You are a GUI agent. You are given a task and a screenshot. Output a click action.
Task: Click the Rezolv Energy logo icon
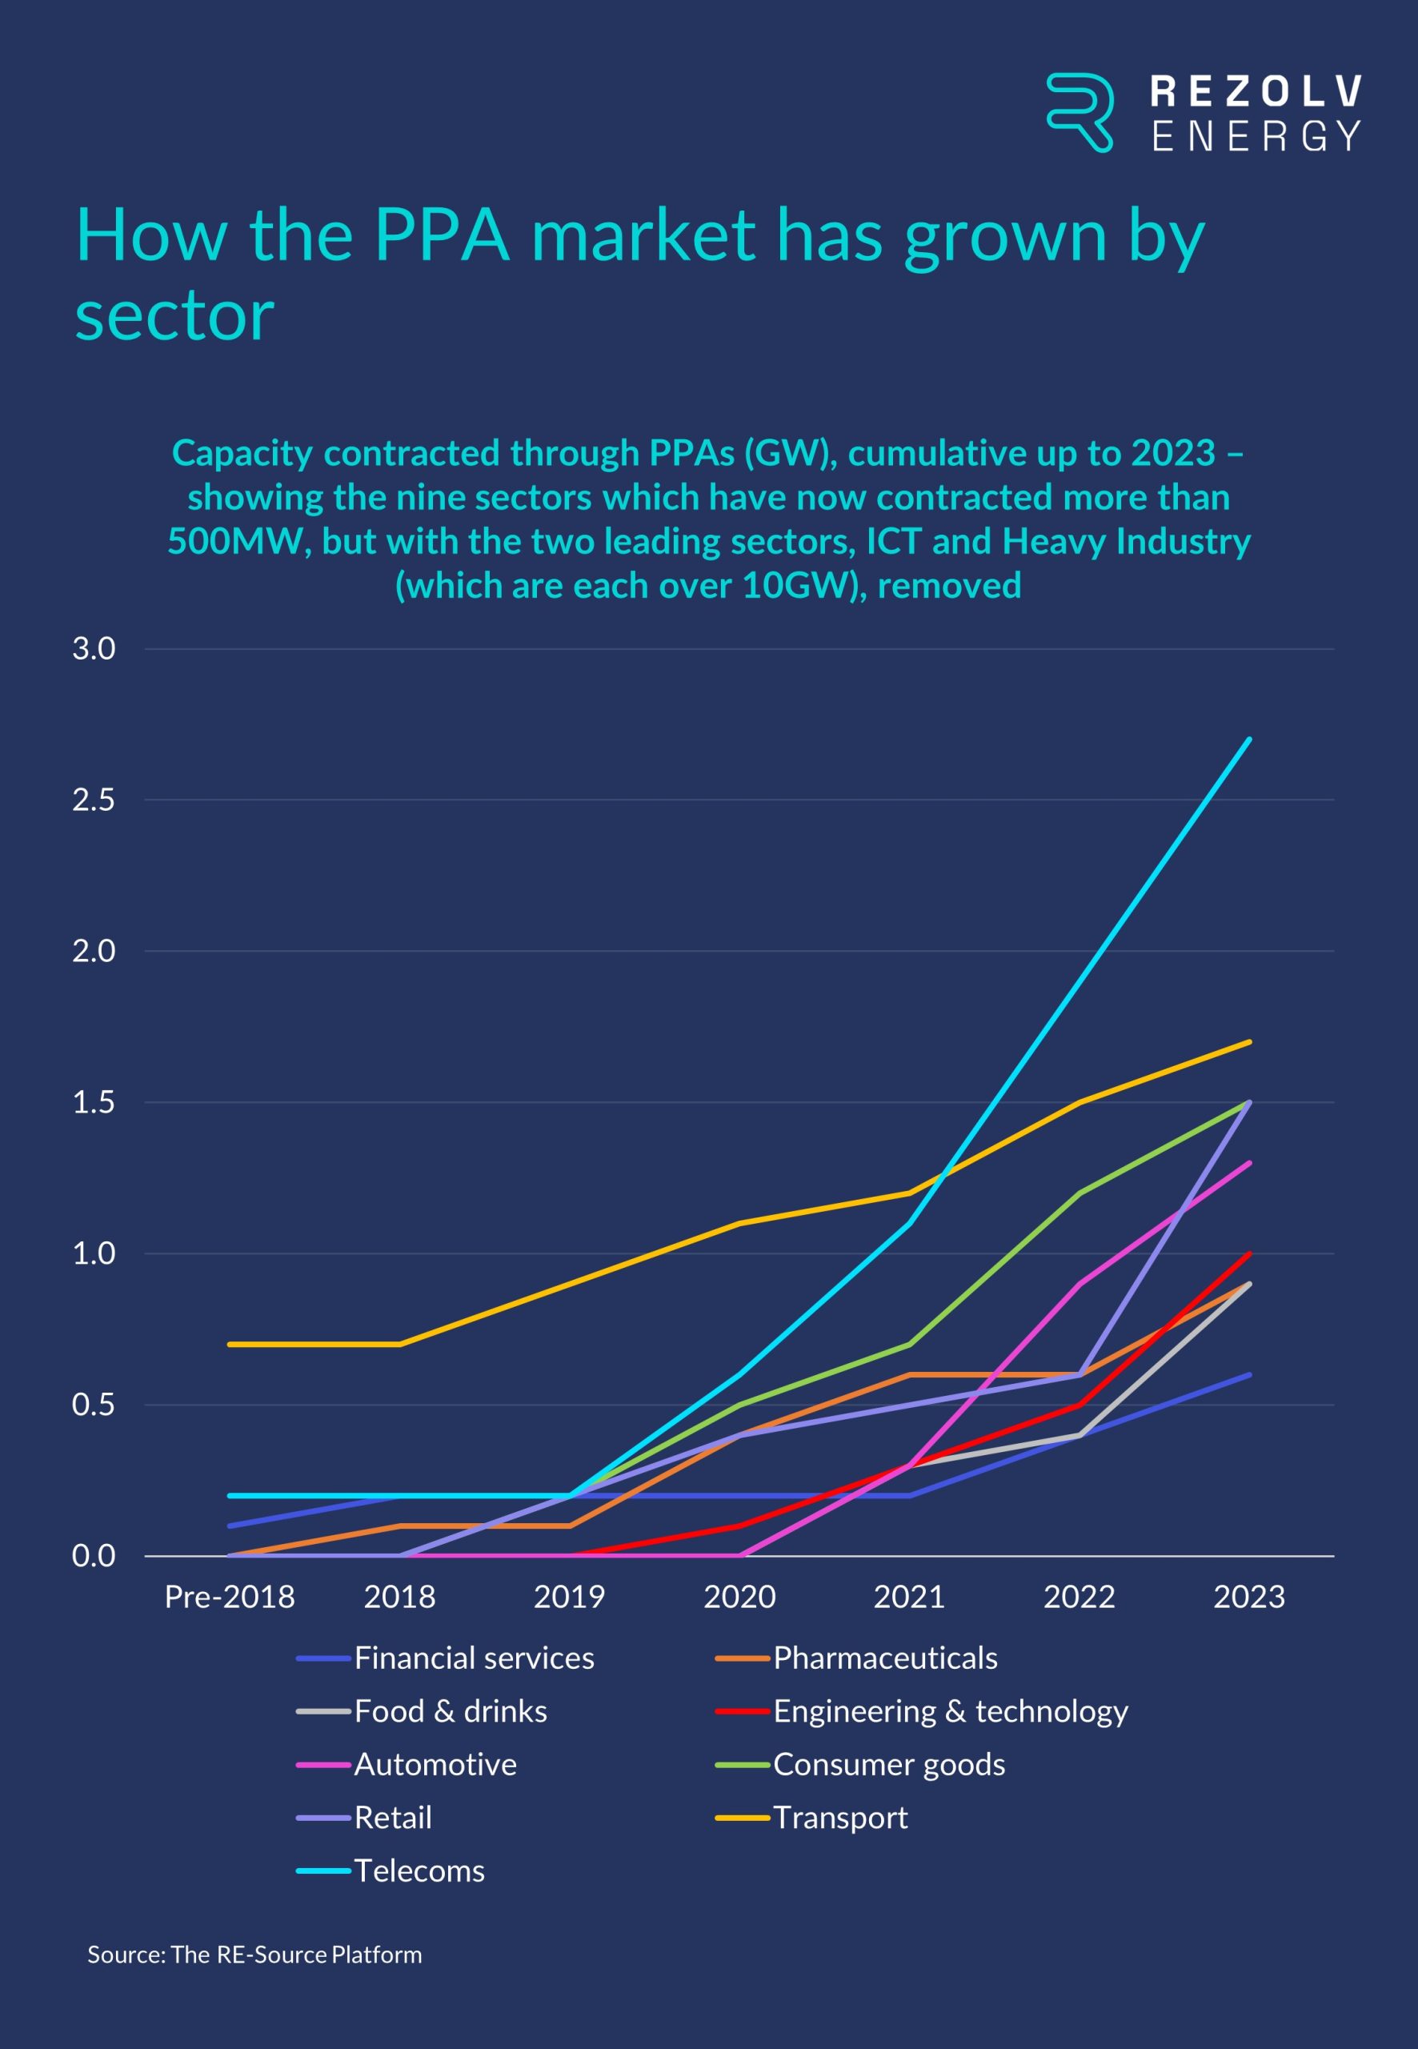(x=1079, y=112)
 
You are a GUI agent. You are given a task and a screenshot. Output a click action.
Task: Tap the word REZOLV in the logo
(x=1255, y=91)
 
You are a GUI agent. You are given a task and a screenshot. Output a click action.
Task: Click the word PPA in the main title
(x=442, y=235)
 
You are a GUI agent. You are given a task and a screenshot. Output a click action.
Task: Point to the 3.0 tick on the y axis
(x=94, y=648)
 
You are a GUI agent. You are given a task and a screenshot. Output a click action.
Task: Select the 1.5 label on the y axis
(x=94, y=1102)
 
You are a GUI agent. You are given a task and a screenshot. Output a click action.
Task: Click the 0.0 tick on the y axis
(x=94, y=1556)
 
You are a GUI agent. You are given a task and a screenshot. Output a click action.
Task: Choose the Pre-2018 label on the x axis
(x=229, y=1597)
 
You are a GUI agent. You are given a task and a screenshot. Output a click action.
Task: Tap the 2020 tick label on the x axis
(x=739, y=1597)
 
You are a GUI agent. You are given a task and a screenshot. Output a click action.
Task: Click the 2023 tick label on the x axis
(x=1249, y=1597)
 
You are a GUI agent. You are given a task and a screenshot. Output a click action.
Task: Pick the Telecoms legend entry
(x=419, y=1871)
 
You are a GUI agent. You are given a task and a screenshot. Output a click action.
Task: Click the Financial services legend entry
(x=474, y=1658)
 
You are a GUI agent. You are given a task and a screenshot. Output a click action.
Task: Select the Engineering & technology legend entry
(x=950, y=1711)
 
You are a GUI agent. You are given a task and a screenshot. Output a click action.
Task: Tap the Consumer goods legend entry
(x=888, y=1764)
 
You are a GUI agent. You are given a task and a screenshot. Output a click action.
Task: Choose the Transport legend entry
(x=839, y=1817)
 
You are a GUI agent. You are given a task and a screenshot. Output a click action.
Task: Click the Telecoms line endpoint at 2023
(x=1249, y=740)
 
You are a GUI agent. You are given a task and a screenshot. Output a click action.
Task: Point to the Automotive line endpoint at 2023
(x=1249, y=1163)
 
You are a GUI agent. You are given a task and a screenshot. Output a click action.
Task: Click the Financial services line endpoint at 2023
(x=1249, y=1374)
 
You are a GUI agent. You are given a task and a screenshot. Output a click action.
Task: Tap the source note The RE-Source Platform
(x=254, y=1955)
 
